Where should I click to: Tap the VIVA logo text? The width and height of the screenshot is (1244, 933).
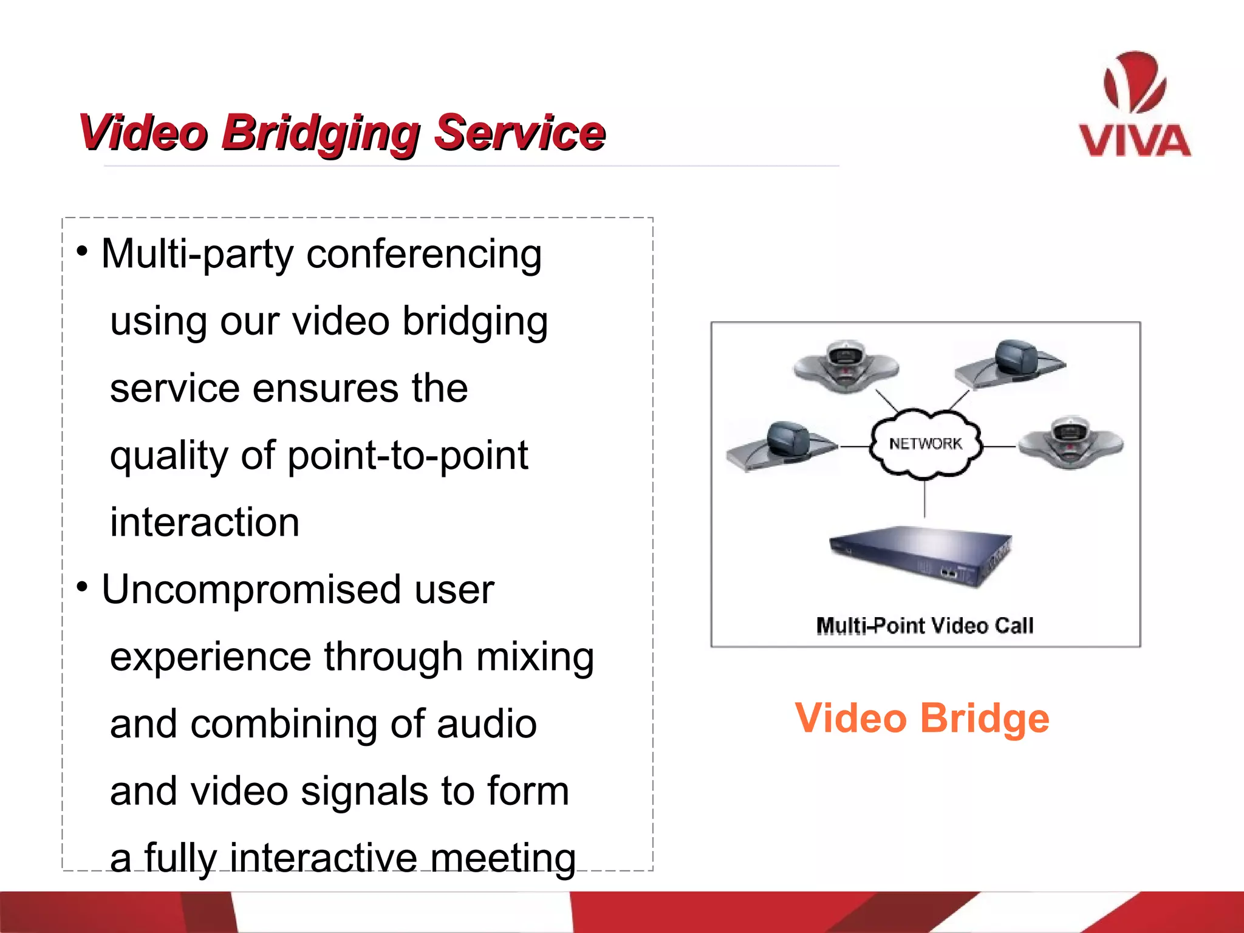pyautogui.click(x=1134, y=141)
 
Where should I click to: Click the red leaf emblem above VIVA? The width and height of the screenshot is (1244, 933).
pyautogui.click(x=1133, y=83)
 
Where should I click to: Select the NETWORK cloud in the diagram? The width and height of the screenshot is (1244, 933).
pyautogui.click(x=925, y=444)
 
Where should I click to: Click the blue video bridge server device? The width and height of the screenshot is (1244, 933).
pyautogui.click(x=920, y=555)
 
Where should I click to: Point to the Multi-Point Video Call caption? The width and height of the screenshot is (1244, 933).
pyautogui.click(x=924, y=626)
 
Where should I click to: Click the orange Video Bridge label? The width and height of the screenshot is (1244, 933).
pyautogui.click(x=921, y=719)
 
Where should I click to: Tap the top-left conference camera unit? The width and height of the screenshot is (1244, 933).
pyautogui.click(x=846, y=366)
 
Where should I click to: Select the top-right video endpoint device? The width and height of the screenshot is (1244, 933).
pyautogui.click(x=1011, y=364)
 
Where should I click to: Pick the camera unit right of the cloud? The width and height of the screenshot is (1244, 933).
pyautogui.click(x=1070, y=443)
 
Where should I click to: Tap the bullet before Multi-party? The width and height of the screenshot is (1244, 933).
pyautogui.click(x=82, y=251)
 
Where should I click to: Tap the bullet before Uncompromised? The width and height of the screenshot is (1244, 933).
pyautogui.click(x=82, y=587)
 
